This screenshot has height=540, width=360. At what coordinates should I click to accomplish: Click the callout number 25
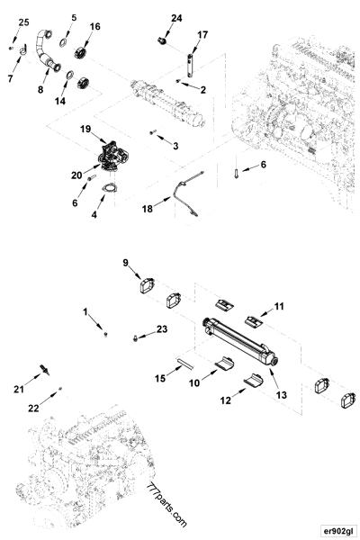(23, 21)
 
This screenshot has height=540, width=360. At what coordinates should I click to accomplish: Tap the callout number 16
(94, 27)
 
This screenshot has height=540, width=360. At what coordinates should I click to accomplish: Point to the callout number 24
(176, 18)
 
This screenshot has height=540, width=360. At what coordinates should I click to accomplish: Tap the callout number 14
(61, 102)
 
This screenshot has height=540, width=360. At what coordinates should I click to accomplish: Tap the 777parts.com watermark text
(166, 508)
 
